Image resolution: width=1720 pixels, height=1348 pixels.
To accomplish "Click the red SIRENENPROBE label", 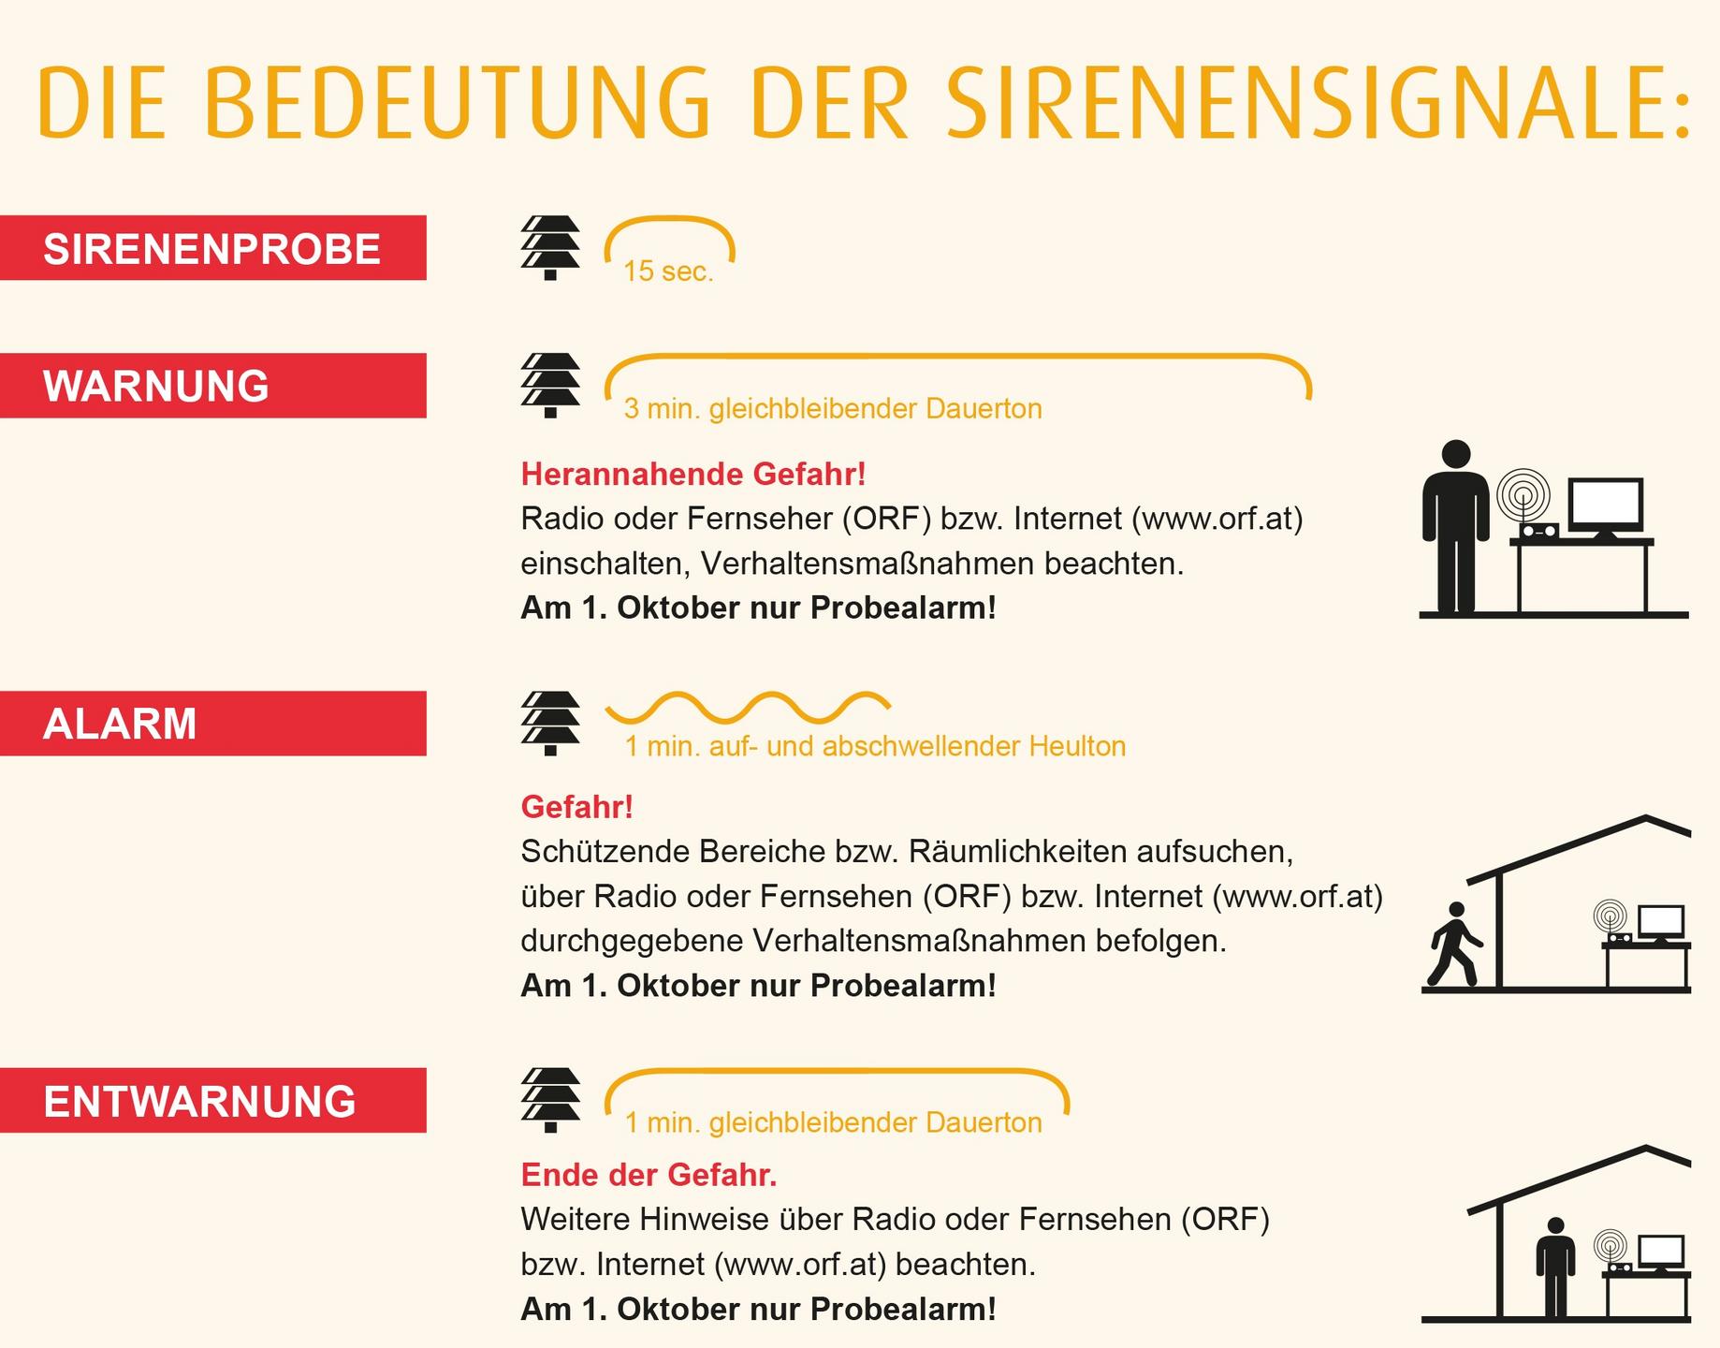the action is (212, 248).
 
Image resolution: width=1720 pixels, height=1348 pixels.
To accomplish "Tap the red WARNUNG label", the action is (212, 386).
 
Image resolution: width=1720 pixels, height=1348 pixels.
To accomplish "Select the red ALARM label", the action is (212, 724).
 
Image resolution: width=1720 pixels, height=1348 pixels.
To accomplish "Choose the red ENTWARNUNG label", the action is (212, 1101).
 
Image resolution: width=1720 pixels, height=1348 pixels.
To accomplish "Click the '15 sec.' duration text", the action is (668, 271).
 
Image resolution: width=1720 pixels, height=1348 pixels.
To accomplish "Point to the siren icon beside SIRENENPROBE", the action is (550, 248).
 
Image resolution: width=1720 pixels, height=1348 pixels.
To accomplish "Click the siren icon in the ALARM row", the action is (550, 724).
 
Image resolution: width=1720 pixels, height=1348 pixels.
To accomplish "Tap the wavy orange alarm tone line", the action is (749, 708).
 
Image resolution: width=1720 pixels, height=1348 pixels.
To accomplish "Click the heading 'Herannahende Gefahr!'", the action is (693, 474).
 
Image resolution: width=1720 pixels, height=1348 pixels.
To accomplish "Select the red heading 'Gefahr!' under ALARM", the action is (577, 806).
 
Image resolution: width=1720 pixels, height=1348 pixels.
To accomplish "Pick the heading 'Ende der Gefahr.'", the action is (649, 1174).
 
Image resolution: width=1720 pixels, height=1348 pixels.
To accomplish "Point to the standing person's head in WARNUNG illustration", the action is (1455, 455).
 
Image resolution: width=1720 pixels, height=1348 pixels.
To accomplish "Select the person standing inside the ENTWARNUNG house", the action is (1555, 1267).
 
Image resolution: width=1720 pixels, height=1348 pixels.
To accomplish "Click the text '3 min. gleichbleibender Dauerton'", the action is (833, 409).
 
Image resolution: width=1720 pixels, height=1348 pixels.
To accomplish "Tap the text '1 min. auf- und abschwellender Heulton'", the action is (875, 746).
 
